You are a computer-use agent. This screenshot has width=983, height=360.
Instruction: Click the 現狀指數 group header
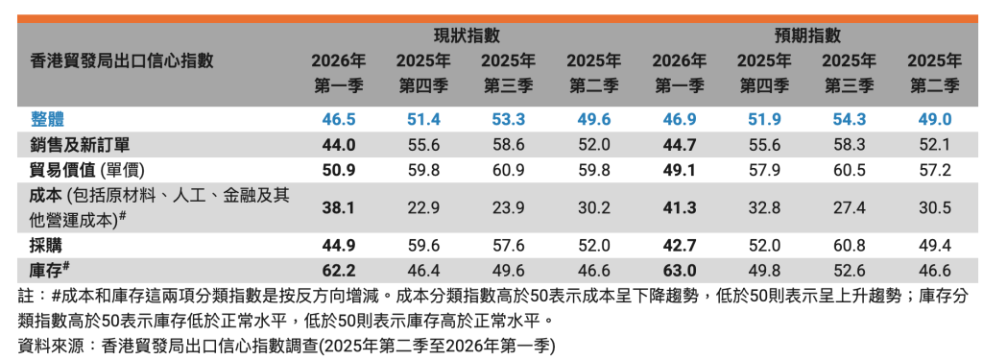click(468, 36)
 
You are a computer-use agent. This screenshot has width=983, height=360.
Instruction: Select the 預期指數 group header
click(807, 36)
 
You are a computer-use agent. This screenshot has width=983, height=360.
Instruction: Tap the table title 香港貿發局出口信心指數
click(122, 60)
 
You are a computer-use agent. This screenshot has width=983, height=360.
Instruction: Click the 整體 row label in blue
click(47, 119)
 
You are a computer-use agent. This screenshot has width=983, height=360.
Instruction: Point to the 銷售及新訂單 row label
click(80, 145)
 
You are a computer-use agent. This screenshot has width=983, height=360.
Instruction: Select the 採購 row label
click(46, 245)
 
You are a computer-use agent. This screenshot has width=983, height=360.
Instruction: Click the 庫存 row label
click(49, 271)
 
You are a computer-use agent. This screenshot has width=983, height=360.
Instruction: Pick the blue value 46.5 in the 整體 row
click(339, 119)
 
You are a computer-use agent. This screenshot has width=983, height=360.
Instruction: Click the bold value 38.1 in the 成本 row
click(339, 207)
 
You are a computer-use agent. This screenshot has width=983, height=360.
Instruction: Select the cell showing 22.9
click(423, 207)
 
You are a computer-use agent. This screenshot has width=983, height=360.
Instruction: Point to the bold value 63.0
click(679, 271)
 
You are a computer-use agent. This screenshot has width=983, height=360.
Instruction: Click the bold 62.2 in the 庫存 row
click(339, 271)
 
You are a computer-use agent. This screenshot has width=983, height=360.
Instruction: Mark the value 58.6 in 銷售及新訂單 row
click(509, 145)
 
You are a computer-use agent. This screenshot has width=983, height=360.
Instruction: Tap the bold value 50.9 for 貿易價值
click(339, 170)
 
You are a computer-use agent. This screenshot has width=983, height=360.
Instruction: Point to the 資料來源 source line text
click(286, 346)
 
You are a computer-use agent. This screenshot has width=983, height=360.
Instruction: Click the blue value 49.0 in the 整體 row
click(934, 119)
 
